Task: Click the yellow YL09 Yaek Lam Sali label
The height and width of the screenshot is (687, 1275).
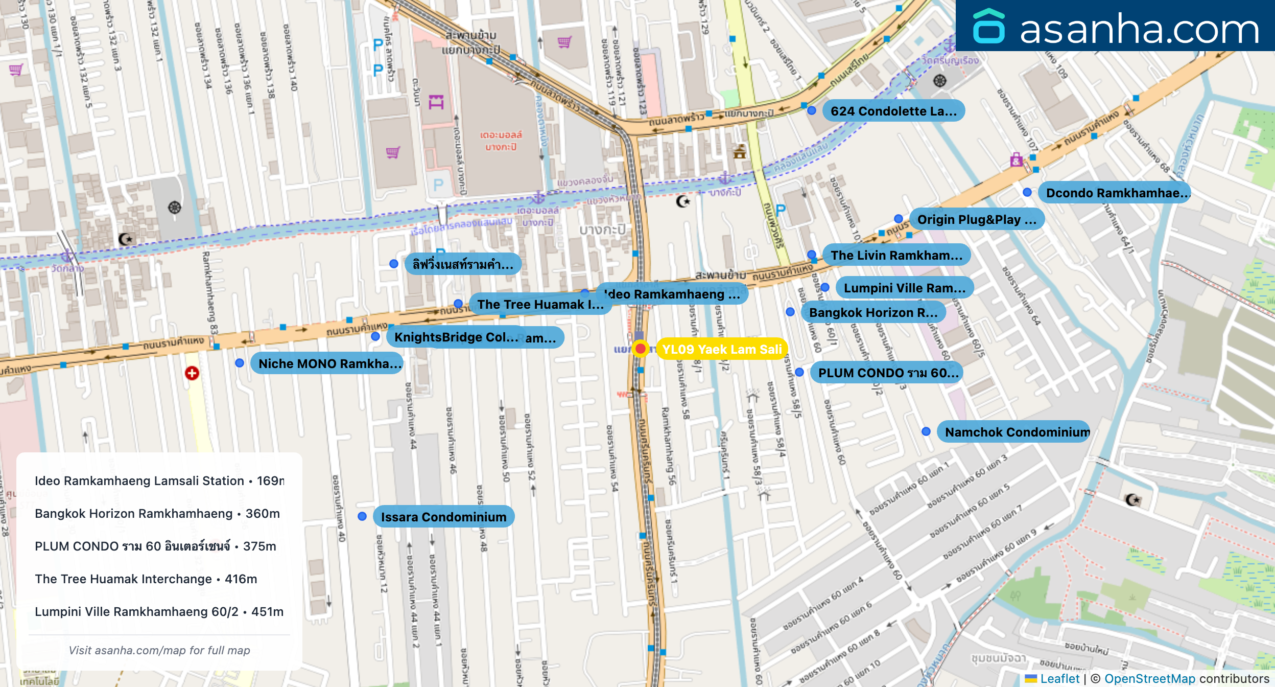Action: pos(721,349)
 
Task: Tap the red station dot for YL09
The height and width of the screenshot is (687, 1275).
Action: pos(640,349)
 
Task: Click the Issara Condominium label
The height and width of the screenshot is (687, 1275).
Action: pos(443,517)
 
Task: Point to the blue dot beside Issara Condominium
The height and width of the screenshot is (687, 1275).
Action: pos(362,516)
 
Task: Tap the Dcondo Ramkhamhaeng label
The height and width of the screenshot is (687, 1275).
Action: pos(1115,193)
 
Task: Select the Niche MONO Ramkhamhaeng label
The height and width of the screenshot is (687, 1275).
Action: pos(327,363)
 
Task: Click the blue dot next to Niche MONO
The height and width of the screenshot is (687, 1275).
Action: pos(240,363)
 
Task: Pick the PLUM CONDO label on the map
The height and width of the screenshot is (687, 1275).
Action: pos(888,373)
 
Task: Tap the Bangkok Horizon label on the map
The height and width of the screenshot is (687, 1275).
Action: pos(873,312)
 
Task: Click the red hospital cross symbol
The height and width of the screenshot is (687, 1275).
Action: pos(192,373)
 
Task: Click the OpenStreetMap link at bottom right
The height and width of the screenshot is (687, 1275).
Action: pos(1149,678)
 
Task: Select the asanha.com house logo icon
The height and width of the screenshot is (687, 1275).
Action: pos(988,27)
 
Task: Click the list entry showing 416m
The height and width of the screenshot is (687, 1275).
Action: pos(146,579)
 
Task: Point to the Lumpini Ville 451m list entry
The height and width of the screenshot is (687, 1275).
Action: pos(159,611)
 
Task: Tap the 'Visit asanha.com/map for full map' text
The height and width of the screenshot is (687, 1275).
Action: pos(159,650)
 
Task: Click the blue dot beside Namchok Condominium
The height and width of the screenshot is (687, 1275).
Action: pos(926,431)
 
